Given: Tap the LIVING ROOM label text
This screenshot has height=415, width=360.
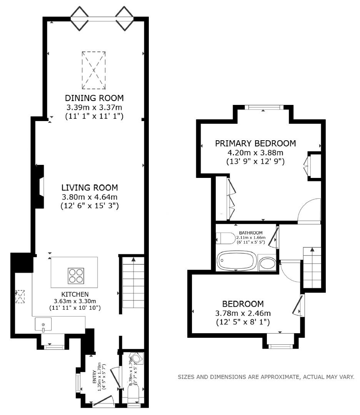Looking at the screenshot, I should [x=90, y=188].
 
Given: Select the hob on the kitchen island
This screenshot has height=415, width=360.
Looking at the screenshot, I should [x=75, y=275].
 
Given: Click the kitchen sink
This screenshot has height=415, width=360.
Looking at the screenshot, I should [x=43, y=325].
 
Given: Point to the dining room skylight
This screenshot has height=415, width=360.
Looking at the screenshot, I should [x=93, y=70].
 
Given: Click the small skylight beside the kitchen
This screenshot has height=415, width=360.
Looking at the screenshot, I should [x=19, y=297].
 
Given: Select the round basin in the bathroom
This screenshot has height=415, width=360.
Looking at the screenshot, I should [x=267, y=264].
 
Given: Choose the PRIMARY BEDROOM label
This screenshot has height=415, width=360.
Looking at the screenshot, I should [x=255, y=143].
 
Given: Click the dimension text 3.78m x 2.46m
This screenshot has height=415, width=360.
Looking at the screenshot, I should [x=243, y=313].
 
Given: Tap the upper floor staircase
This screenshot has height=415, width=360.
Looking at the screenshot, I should [x=312, y=268].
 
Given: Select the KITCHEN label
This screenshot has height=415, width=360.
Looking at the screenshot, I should [x=75, y=294].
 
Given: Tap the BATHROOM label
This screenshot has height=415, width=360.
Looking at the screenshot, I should [x=251, y=233].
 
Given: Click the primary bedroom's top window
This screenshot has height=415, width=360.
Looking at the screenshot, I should [x=263, y=108].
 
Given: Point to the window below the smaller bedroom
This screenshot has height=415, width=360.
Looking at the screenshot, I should [x=280, y=346].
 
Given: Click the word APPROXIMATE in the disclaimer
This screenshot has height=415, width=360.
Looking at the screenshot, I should [x=280, y=377].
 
